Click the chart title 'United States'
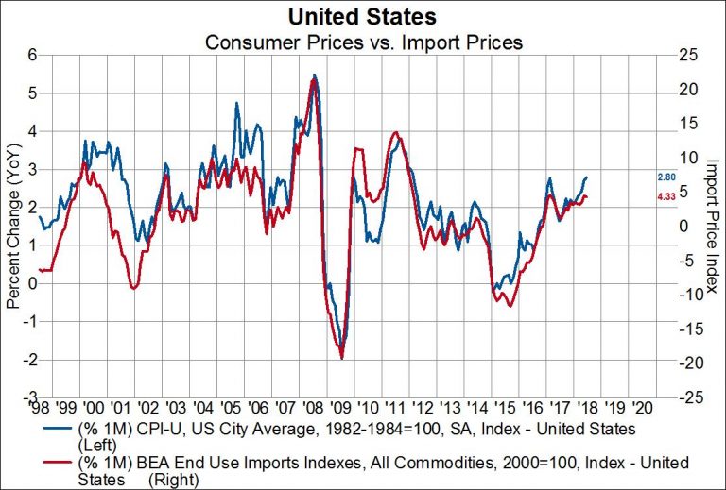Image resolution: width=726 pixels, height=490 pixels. click(x=363, y=16)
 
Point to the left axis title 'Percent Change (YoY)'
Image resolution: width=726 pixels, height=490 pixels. click(x=13, y=227)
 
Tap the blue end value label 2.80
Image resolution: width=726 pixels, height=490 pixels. click(x=665, y=177)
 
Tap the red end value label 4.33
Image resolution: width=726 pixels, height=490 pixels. click(x=665, y=196)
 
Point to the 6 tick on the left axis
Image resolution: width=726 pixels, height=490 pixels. click(x=31, y=54)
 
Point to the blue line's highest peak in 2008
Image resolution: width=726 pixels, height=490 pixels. click(x=314, y=75)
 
